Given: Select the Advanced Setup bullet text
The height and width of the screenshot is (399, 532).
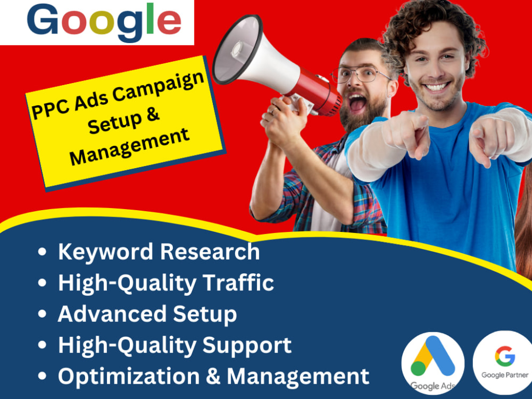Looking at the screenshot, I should tap(147, 314).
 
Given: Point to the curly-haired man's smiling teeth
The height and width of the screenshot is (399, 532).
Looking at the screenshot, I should tap(437, 86).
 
